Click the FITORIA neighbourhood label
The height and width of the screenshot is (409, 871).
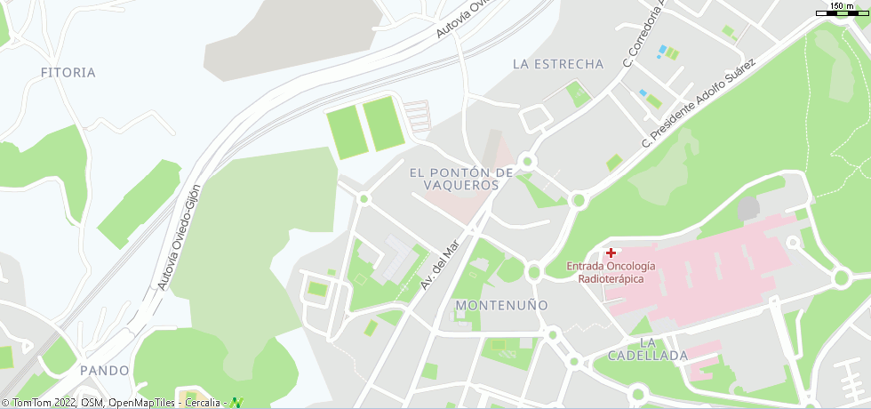[x=68, y=72]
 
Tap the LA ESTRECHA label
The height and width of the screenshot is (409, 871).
[x=558, y=64]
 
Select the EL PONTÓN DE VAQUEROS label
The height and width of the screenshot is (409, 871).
[x=461, y=178]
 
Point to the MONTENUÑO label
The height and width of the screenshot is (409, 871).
[x=501, y=305]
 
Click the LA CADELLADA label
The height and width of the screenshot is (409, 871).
[x=648, y=349]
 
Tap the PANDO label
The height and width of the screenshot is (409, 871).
[x=104, y=370]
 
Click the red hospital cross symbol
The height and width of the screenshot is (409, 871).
[x=611, y=253]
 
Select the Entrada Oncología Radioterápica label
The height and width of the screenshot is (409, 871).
[x=611, y=272]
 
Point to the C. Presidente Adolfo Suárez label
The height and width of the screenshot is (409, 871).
[x=699, y=103]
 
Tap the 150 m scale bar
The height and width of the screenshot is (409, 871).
[x=842, y=9]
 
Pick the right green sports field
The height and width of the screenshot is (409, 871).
[x=384, y=124]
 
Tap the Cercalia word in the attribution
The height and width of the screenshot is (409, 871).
[x=203, y=403]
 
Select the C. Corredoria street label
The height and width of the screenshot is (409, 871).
[x=643, y=36]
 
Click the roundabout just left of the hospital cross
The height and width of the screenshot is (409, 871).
[x=534, y=271]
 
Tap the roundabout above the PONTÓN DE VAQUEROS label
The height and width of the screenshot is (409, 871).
[x=527, y=161]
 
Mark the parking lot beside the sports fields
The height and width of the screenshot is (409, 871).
[x=418, y=116]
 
